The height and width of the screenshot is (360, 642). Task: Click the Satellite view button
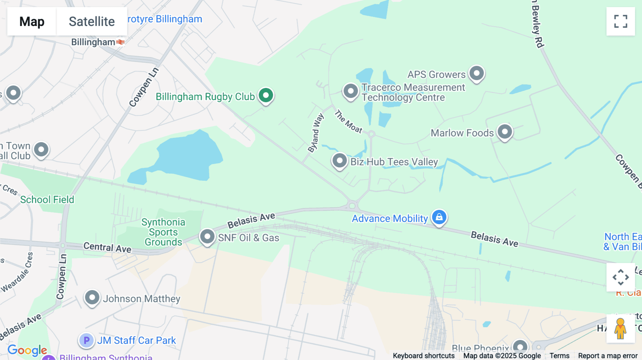pos(92,21)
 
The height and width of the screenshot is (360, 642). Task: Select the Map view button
pos(32,21)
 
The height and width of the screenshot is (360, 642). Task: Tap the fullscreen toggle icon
pos(621,21)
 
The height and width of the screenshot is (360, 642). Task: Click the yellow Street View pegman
pos(621,329)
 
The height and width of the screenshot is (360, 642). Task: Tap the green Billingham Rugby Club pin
pos(266,96)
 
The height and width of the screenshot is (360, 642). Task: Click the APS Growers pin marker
pos(477,73)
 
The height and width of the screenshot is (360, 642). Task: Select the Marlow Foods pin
pos(505,132)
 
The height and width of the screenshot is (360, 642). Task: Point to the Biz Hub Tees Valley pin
pos(340,161)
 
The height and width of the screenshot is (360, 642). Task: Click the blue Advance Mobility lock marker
pos(439,217)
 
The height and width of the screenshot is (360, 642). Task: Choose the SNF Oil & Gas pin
pos(207,236)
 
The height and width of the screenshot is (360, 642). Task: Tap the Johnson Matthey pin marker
pos(92,297)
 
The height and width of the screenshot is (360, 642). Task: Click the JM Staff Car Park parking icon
pos(86,340)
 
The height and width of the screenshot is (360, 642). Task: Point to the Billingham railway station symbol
pos(121,42)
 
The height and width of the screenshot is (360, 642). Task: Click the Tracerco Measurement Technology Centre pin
pos(351,92)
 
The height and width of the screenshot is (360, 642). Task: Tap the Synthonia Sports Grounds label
pos(163,232)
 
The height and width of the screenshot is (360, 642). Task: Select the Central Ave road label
pos(107,247)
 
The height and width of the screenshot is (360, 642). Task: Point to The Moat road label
pos(348,122)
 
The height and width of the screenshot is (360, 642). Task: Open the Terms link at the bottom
pos(559,356)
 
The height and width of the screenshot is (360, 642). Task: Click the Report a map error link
pos(608,356)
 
